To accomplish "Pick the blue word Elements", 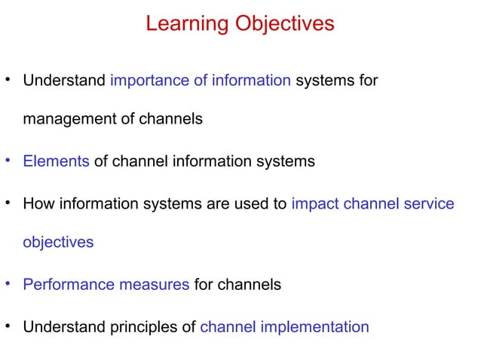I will pyautogui.click(x=57, y=161).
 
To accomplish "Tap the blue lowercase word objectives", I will pyautogui.click(x=58, y=243).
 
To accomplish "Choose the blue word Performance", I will pyautogui.click(x=67, y=285).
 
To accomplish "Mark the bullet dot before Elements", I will pyautogui.click(x=8, y=160).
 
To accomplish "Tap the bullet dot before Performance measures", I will pyautogui.click(x=8, y=284).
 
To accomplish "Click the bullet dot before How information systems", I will pyautogui.click(x=8, y=202).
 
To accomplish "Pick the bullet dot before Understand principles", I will pyautogui.click(x=8, y=326).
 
